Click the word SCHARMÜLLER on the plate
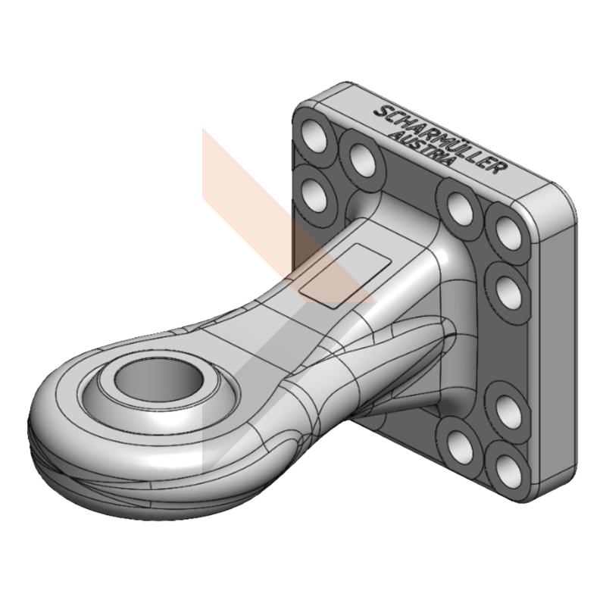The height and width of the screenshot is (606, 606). (x=440, y=140)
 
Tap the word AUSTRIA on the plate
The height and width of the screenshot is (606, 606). (x=420, y=148)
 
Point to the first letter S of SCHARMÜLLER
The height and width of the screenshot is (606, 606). (x=381, y=112)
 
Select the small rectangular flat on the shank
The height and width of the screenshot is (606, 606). (x=346, y=275)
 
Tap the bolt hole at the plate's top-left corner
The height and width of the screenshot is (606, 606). (x=315, y=137)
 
